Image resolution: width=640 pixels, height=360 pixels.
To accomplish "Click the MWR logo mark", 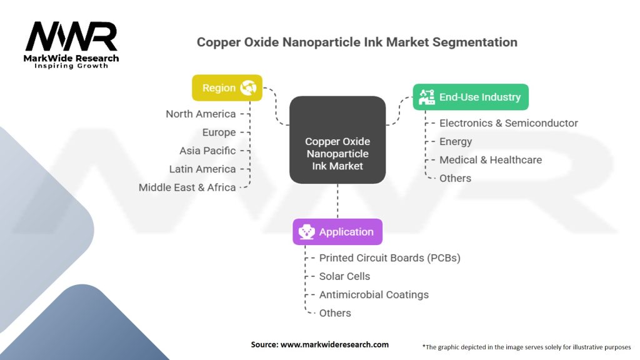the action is click(x=71, y=37).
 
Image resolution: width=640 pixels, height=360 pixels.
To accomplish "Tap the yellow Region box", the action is click(x=227, y=87).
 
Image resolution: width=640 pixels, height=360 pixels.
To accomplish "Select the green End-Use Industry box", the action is click(x=471, y=97).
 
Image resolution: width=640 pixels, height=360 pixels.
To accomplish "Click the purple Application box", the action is click(x=337, y=232).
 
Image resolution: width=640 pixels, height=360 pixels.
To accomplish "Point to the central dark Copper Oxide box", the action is click(x=337, y=140).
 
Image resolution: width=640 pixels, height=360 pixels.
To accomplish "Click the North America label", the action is click(x=201, y=114).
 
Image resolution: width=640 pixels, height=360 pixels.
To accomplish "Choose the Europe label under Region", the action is click(x=219, y=132).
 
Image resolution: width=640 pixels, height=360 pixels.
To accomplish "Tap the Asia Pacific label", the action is click(x=207, y=151).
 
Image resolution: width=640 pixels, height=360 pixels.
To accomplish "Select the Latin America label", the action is click(x=202, y=169).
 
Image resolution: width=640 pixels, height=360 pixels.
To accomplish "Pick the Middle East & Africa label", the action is click(x=187, y=187).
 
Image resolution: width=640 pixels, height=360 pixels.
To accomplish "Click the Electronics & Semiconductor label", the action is click(x=509, y=123).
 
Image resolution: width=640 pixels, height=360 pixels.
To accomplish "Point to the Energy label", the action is click(x=456, y=142).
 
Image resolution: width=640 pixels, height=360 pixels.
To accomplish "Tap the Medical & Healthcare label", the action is click(x=491, y=159).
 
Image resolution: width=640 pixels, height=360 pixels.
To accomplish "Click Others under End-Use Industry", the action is click(x=455, y=178).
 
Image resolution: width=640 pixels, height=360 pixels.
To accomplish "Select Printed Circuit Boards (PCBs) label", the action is click(x=390, y=258).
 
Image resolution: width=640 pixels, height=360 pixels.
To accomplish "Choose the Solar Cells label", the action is click(x=344, y=276).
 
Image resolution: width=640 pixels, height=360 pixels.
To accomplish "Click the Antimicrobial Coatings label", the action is click(x=374, y=295).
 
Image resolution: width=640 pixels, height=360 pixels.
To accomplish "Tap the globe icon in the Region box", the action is click(x=248, y=87).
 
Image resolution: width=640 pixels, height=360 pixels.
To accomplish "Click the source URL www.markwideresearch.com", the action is click(x=334, y=344).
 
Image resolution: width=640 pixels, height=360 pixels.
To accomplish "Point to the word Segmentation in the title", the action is click(x=475, y=42).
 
